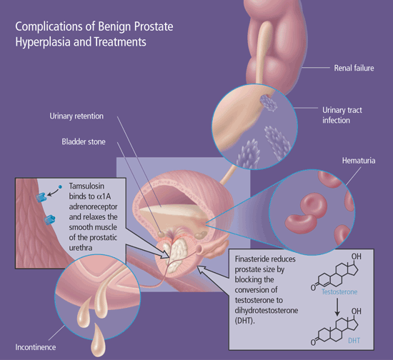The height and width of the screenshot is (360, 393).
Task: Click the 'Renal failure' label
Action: (x=354, y=68)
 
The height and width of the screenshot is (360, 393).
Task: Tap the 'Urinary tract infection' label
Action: (x=342, y=115)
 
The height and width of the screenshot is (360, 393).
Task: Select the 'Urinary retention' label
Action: (x=76, y=116)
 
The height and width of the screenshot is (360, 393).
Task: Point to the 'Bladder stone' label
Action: (x=84, y=142)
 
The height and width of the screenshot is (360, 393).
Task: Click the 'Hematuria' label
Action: (x=359, y=161)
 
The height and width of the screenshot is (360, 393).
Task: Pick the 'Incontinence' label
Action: (x=36, y=347)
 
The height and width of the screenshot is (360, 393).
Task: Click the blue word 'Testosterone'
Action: (x=339, y=292)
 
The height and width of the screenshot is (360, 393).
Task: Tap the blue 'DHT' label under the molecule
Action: (x=354, y=341)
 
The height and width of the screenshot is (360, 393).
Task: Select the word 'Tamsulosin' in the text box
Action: (x=86, y=186)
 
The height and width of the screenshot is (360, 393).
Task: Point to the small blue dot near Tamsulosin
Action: (x=60, y=187)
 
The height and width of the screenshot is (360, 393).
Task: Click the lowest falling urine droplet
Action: (x=98, y=341)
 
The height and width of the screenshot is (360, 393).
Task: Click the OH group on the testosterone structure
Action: (x=356, y=256)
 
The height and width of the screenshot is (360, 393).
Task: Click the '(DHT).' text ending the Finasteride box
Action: (x=244, y=321)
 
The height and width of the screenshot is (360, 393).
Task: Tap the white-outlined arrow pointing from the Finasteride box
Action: (x=213, y=272)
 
